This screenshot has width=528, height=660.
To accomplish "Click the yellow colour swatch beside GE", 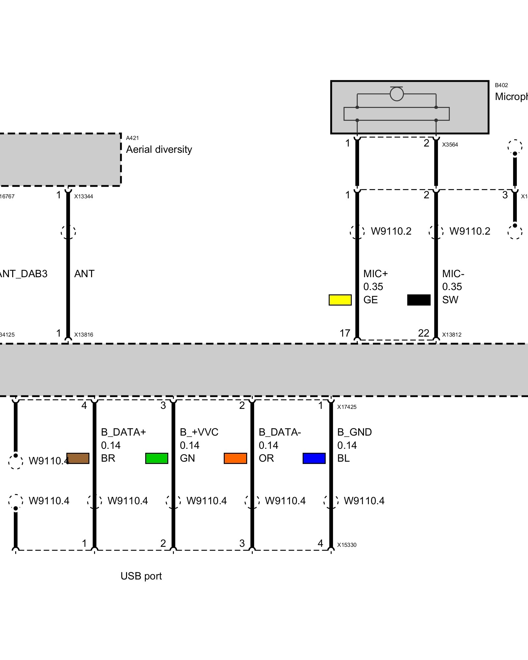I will (x=340, y=300).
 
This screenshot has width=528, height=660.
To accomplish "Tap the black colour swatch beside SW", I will (x=419, y=300).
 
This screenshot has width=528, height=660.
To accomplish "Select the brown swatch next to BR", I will (x=78, y=458).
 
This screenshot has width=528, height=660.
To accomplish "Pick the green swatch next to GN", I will (x=157, y=458).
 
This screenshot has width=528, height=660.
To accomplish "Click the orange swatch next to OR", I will (x=235, y=458).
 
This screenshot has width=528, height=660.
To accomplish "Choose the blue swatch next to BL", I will (x=314, y=458).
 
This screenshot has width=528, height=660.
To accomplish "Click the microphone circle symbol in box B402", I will (x=397, y=94).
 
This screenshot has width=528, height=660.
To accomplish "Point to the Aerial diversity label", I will (x=159, y=149).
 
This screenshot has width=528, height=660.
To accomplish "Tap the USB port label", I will (x=141, y=576).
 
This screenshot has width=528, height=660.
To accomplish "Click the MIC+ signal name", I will (x=376, y=274).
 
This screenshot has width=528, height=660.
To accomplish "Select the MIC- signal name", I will (x=453, y=274).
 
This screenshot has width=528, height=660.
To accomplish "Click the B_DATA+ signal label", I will (x=123, y=432).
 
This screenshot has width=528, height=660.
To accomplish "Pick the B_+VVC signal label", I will (x=199, y=432).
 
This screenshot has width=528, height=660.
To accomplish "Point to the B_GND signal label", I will (x=354, y=432).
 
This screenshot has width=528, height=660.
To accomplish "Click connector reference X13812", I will (x=452, y=335).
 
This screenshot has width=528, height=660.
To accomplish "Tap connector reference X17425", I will (x=347, y=407).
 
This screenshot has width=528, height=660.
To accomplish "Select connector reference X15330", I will (x=347, y=545).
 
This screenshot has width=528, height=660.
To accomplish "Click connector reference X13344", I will (x=83, y=196).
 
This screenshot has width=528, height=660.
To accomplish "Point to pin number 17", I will (x=345, y=333).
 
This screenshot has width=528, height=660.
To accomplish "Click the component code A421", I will (x=132, y=138).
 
